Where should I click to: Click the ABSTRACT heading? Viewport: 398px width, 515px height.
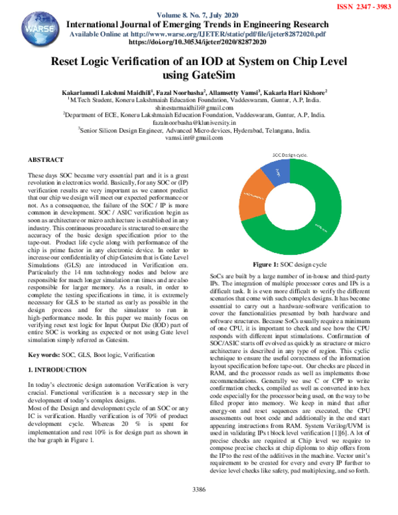[46, 161]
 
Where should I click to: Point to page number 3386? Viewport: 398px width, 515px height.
[199, 508]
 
